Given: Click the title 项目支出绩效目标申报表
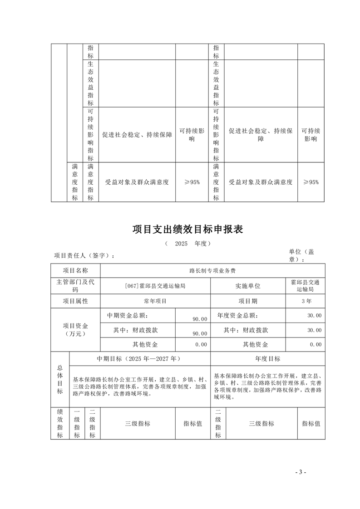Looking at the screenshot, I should click(187, 229).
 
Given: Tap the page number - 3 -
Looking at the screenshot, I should click(301, 472).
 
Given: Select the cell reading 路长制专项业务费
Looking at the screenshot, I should click(212, 270).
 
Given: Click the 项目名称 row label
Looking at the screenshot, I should click(75, 270).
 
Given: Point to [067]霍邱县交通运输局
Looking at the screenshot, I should click(155, 286).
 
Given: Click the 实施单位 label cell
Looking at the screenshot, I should click(248, 286).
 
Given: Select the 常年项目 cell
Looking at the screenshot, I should click(155, 301).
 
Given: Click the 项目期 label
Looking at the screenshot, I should click(248, 301).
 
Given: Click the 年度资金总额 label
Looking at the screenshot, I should click(237, 315).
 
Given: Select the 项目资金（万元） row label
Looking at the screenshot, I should click(75, 329).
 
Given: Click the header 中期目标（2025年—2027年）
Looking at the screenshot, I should click(139, 358).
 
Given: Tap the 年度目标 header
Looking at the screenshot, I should click(268, 358).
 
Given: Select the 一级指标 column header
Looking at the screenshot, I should click(77, 423).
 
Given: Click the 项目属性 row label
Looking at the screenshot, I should click(75, 301).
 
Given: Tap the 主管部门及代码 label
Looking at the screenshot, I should click(75, 286).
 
